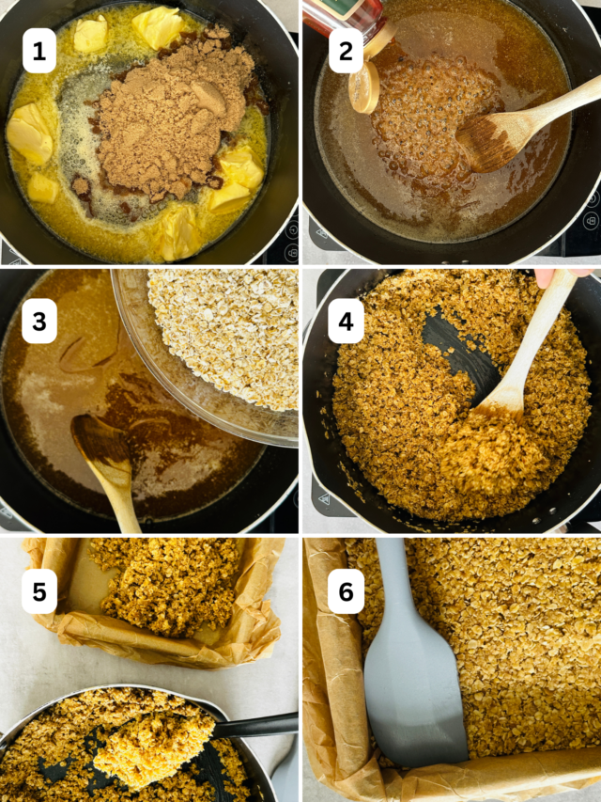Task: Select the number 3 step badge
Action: click(39, 322)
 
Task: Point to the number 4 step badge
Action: click(345, 322)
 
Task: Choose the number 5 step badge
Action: click(39, 591)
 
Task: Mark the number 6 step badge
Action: click(345, 591)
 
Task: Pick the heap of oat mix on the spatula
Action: click(155, 743)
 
